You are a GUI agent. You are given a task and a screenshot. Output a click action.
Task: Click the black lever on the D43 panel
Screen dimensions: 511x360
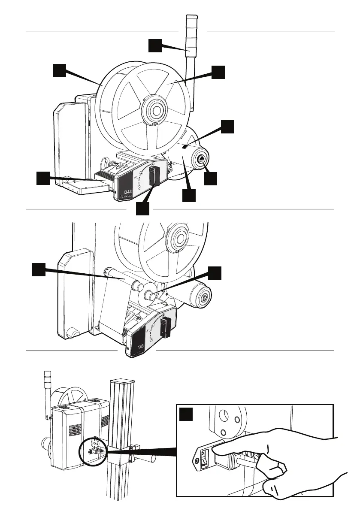pyautogui.click(x=154, y=176)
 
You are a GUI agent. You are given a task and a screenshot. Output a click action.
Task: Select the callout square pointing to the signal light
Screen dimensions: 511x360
pyautogui.click(x=155, y=45)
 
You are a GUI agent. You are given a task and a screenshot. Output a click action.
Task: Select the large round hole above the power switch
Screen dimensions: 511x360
pyautogui.click(x=223, y=416)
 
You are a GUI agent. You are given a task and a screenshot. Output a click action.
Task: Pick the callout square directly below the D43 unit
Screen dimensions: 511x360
pyautogui.click(x=142, y=209)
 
